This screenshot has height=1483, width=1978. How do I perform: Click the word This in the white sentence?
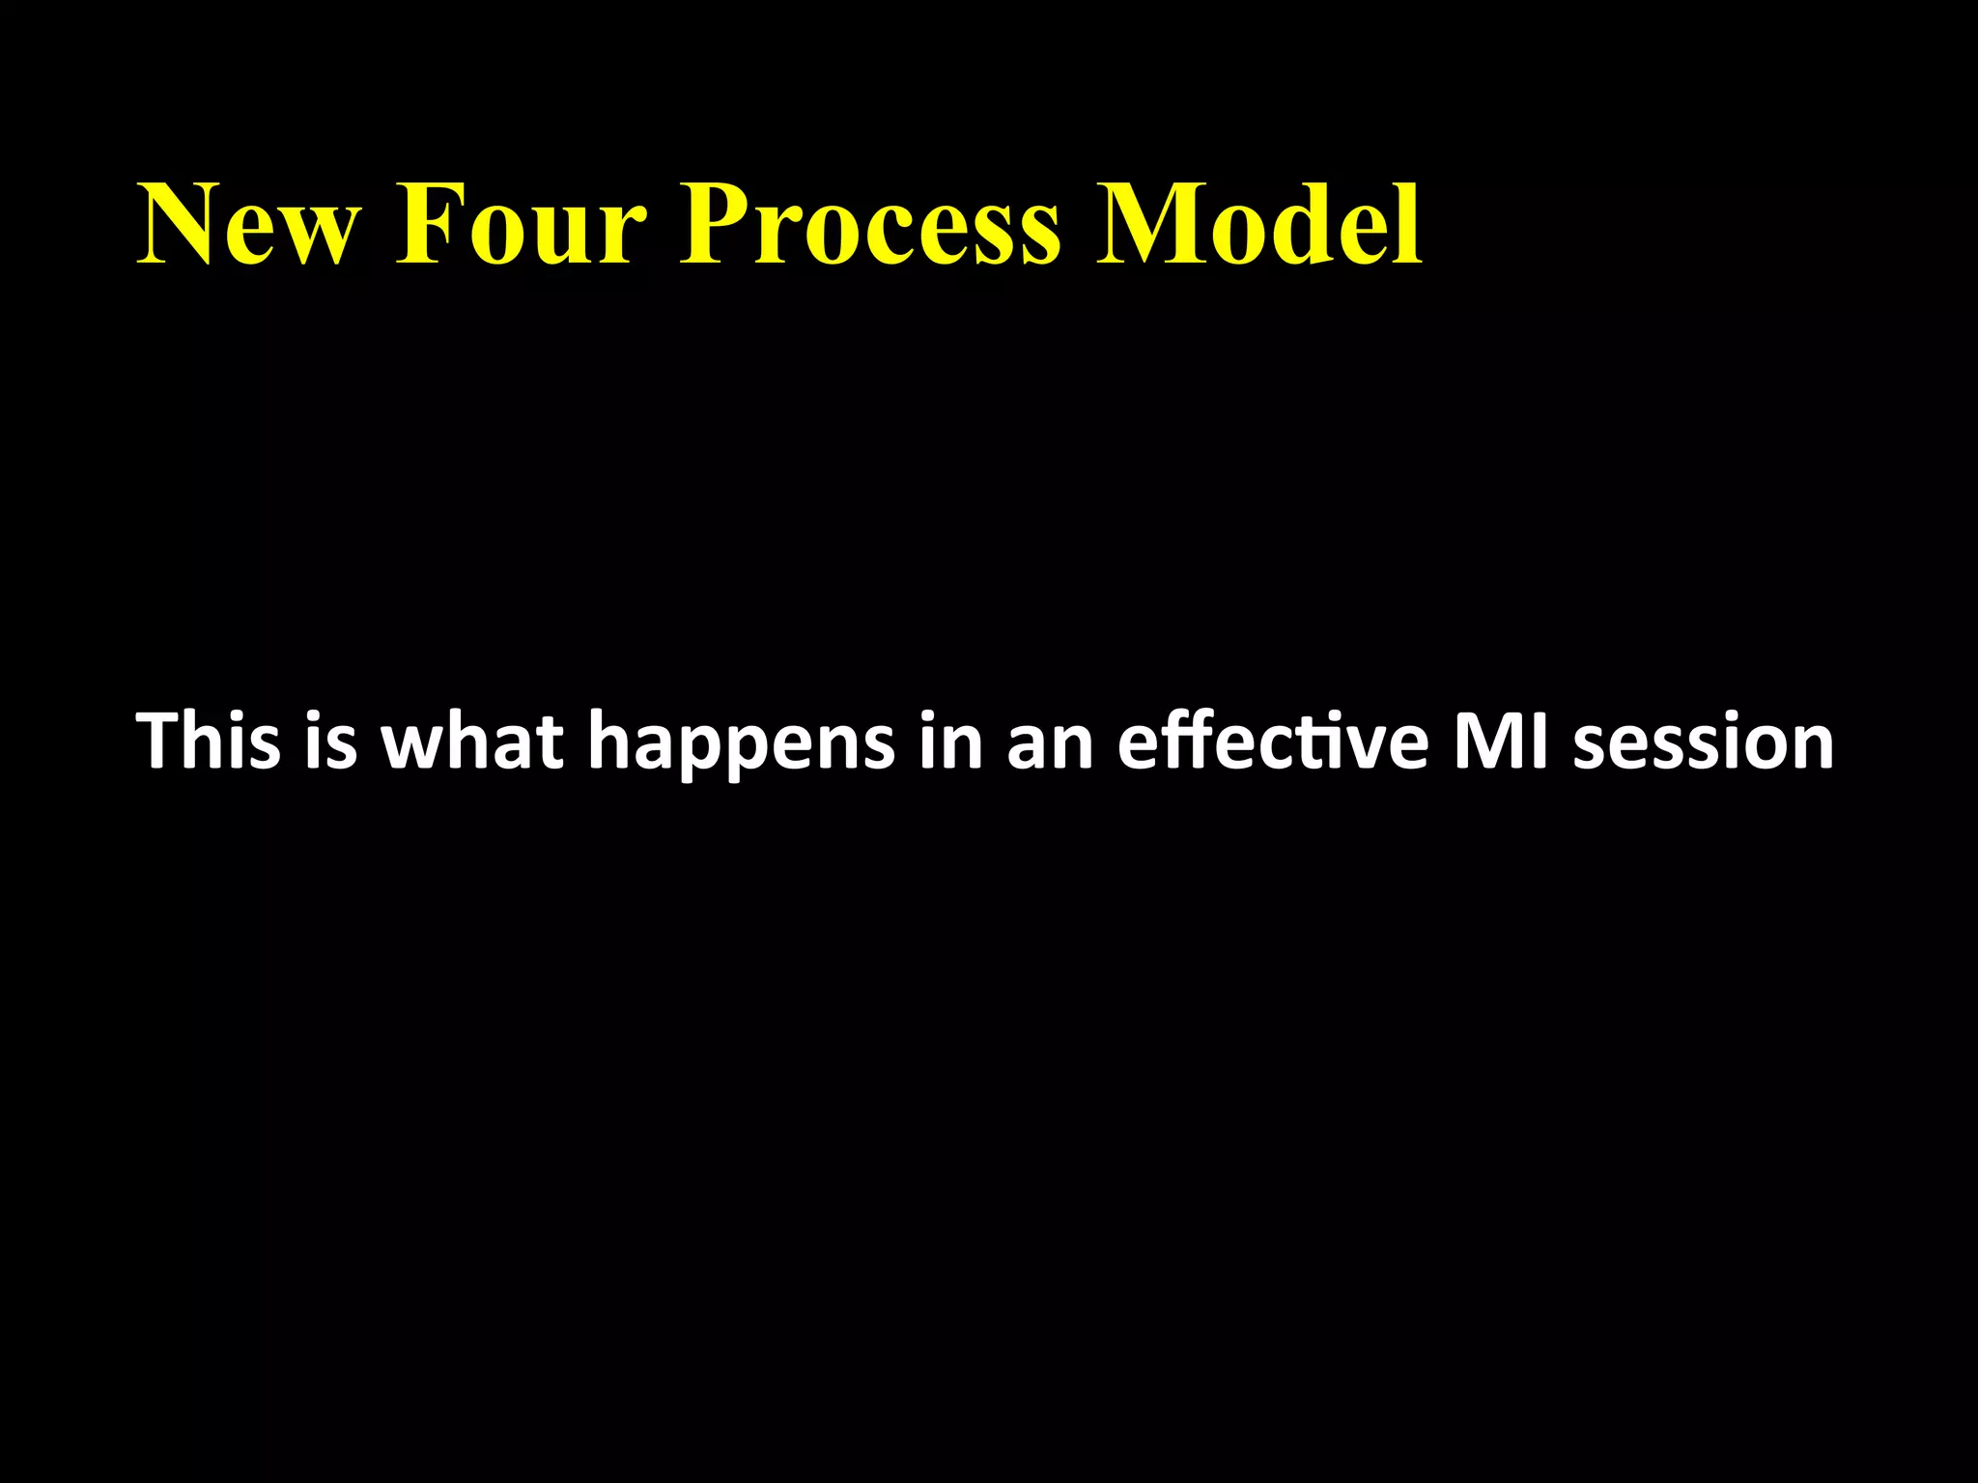point(210,741)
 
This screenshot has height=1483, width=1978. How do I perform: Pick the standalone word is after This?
point(330,741)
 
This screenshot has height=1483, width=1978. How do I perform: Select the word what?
point(472,741)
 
